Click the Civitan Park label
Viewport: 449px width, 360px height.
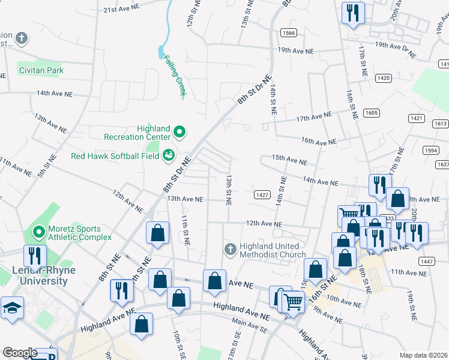point(40,70)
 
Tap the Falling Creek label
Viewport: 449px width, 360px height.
point(174,76)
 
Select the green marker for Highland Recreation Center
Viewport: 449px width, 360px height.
point(179,131)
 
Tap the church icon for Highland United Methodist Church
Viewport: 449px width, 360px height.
point(230,249)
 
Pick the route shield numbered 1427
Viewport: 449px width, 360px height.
point(261,195)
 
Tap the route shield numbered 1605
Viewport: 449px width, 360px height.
point(372,113)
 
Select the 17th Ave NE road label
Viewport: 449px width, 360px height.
point(313,117)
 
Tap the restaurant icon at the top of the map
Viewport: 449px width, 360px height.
point(352,13)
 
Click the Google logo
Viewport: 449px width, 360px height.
point(20,353)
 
